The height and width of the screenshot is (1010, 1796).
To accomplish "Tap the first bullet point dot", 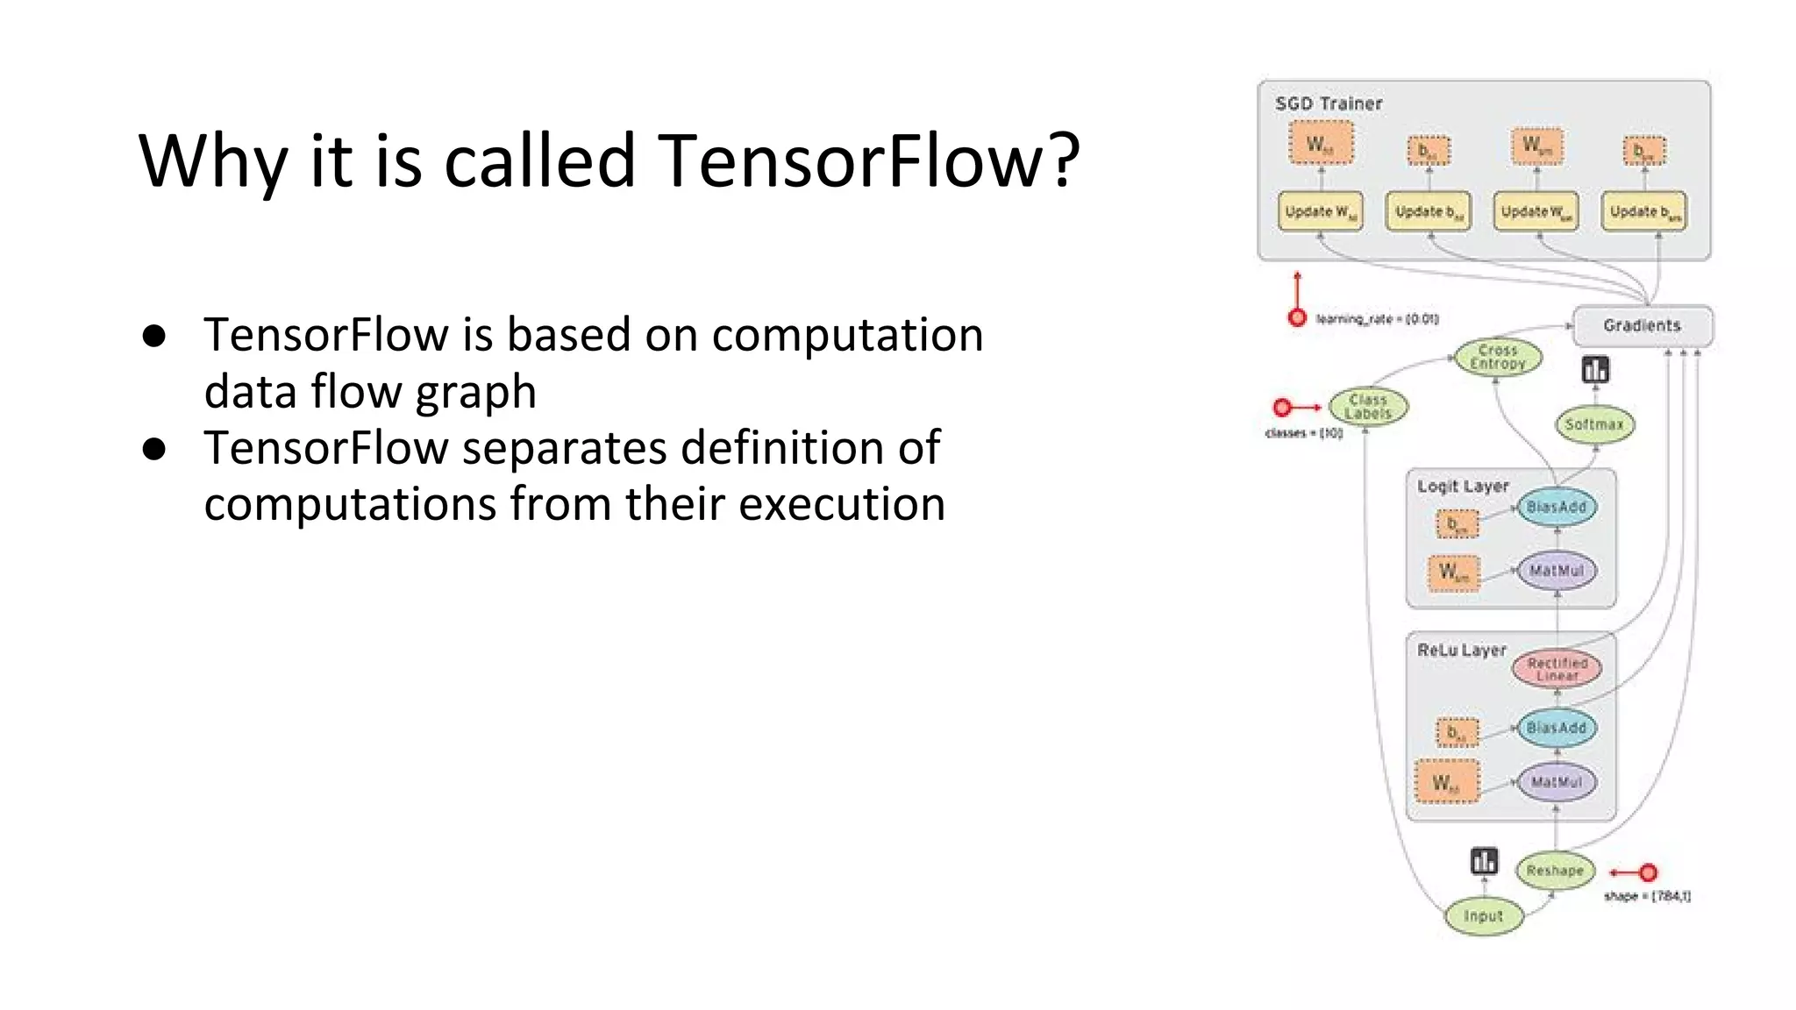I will (x=154, y=337).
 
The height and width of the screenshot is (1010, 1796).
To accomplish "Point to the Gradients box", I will (x=1642, y=325).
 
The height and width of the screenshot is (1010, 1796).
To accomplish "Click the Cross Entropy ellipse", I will (x=1497, y=357).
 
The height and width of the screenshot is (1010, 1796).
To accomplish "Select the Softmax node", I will (x=1594, y=424).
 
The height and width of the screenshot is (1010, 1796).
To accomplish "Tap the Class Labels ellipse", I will (x=1368, y=407).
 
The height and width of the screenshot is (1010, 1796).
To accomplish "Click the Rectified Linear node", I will (x=1557, y=669).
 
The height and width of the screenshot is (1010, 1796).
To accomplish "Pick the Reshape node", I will (x=1555, y=871).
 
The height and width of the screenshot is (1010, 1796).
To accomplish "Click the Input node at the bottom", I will (x=1483, y=916).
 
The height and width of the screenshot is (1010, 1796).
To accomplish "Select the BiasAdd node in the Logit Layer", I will (x=1556, y=508).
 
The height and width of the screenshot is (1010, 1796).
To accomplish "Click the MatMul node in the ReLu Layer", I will (x=1556, y=782).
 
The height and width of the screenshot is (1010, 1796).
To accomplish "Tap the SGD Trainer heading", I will (x=1328, y=103).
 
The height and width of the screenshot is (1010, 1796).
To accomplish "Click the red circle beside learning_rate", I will (x=1297, y=318).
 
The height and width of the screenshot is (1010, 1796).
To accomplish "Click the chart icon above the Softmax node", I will (x=1595, y=370).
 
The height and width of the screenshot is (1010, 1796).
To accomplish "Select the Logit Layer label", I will (x=1462, y=486).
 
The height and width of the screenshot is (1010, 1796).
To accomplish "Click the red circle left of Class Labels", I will (x=1282, y=408).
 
